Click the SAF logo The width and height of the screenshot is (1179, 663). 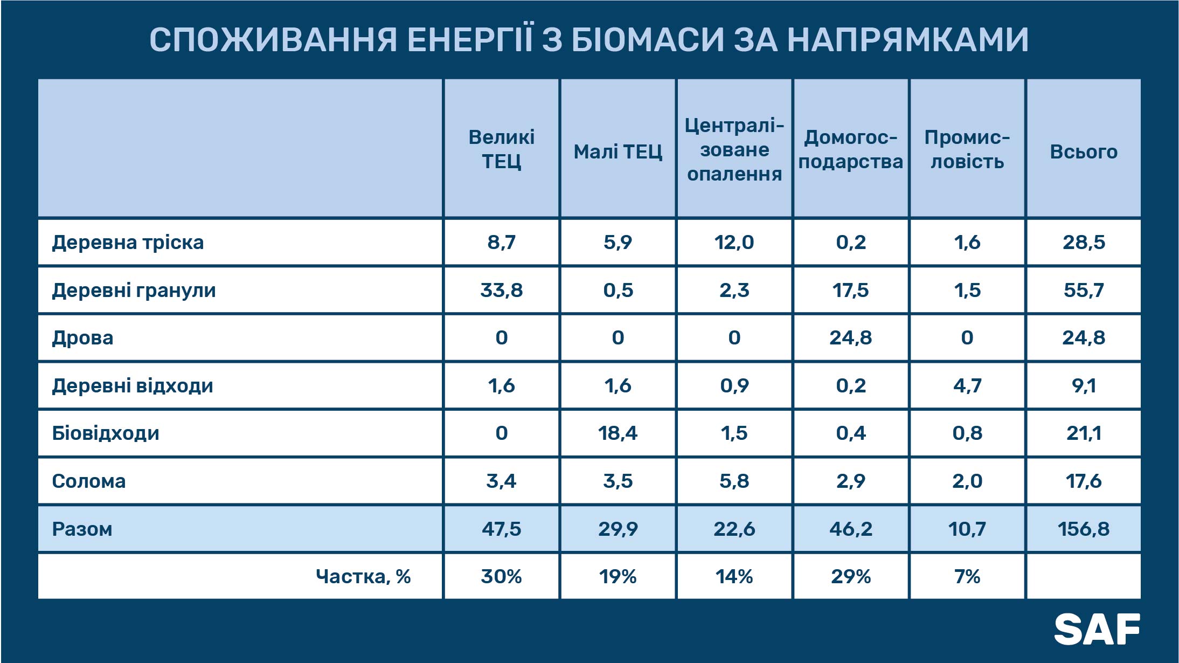pos(1097,629)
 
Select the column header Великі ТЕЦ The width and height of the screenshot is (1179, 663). pos(501,149)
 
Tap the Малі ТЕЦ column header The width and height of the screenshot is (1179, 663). pos(618,152)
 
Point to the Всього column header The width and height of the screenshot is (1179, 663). pos(1084,152)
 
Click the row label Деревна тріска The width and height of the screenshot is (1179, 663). pos(128,243)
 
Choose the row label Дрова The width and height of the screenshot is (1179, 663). pos(82,338)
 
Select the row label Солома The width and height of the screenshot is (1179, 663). pos(89,481)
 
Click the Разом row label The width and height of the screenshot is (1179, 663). pos(82,529)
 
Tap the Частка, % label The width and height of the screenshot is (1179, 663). pos(363,577)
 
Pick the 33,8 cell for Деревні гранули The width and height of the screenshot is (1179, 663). pos(501,291)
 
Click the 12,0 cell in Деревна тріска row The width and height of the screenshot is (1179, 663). pos(734,243)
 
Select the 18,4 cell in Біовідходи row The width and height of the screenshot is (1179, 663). pos(618,433)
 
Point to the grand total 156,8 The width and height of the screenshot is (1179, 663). pos(1084,529)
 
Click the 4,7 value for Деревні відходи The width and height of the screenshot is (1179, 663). pos(967,386)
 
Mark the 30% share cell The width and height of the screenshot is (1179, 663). pos(501,577)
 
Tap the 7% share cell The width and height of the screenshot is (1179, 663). pos(967,577)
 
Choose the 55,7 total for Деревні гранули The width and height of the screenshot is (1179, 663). pos(1084,291)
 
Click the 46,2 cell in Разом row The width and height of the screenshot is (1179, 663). pos(851,529)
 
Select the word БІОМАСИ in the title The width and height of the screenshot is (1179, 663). pos(647,39)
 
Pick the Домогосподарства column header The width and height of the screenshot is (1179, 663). pos(851,149)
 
